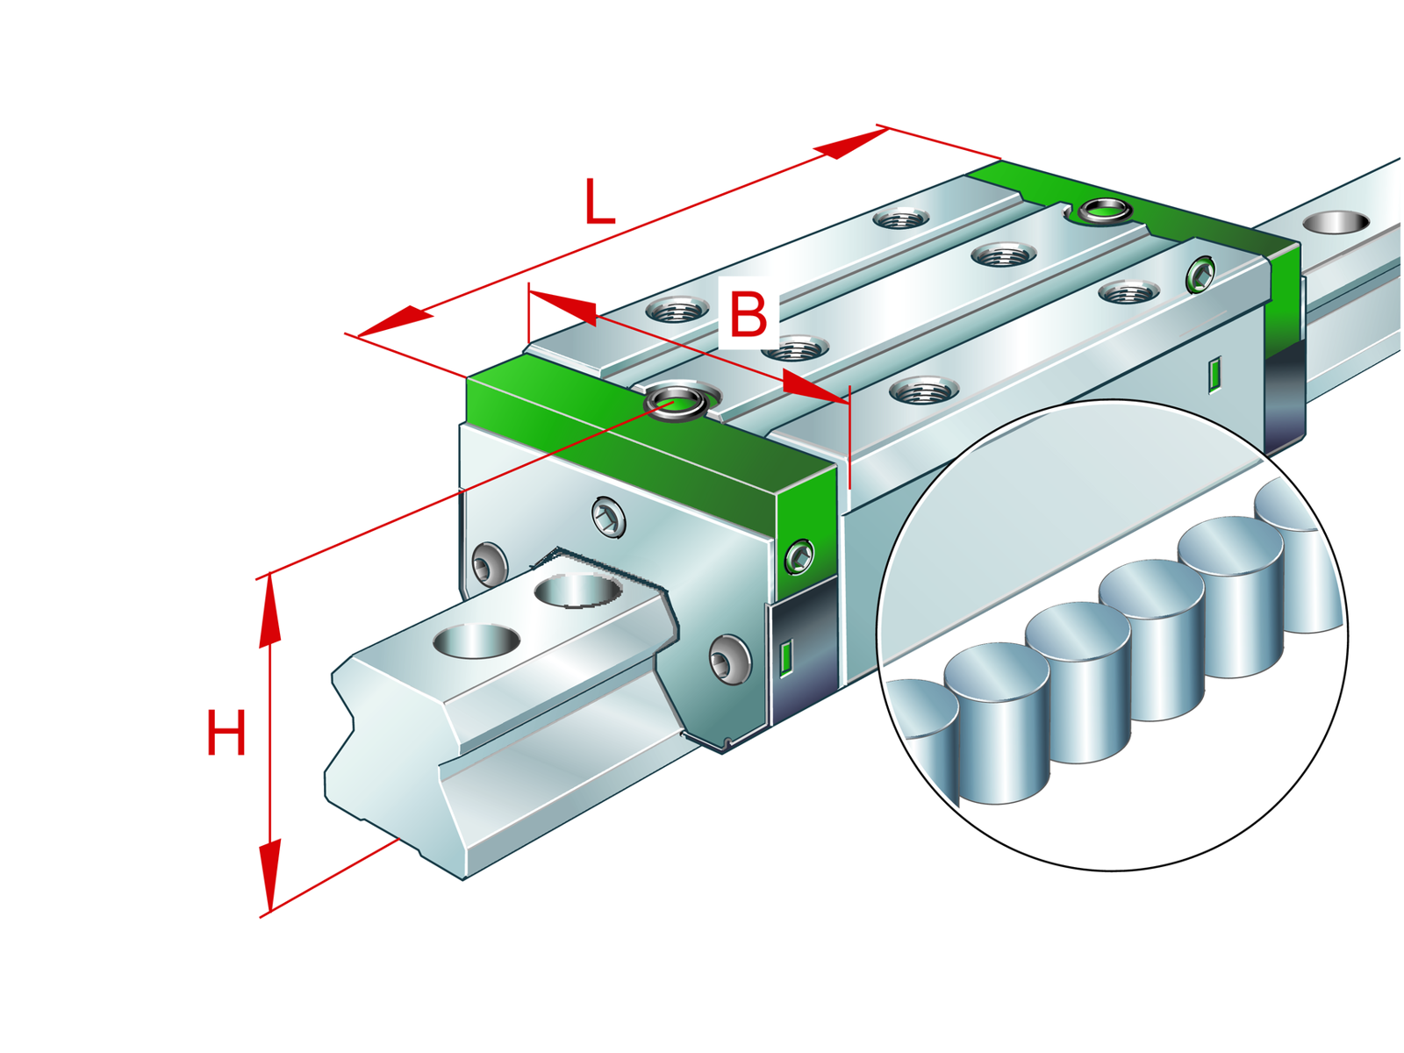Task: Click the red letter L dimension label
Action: point(599,202)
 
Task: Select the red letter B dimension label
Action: point(748,313)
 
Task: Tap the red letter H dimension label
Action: point(226,732)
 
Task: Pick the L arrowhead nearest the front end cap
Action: point(395,321)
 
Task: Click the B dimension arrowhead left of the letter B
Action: point(562,307)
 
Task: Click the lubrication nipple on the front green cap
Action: point(676,403)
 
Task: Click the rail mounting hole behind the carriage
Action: point(1336,222)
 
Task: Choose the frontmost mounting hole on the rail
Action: point(476,641)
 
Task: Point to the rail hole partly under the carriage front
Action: point(578,590)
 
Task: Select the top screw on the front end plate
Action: point(608,517)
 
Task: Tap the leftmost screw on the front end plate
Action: point(490,564)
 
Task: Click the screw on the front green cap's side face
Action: point(799,556)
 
